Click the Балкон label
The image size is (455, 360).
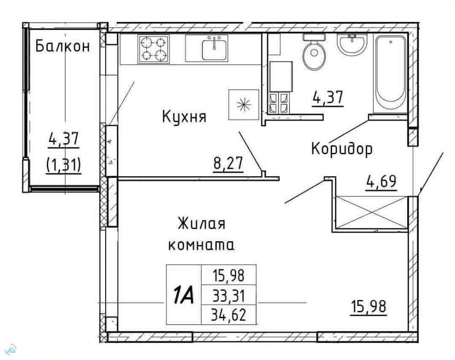click(63, 46)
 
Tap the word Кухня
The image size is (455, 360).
click(184, 117)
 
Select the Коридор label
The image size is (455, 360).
click(342, 149)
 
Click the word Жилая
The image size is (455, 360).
click(202, 223)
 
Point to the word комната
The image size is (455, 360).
click(202, 246)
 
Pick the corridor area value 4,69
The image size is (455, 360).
click(381, 182)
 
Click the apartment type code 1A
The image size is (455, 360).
click(183, 294)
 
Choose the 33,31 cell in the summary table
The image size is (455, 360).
click(229, 296)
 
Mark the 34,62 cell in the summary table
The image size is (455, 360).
click(229, 314)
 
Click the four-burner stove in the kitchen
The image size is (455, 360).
click(154, 49)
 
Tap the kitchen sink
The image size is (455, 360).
click(214, 49)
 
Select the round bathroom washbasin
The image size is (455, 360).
click(352, 44)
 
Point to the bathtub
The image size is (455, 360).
click(390, 74)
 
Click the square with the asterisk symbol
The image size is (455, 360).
click(244, 105)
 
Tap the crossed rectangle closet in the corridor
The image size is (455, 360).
click(372, 213)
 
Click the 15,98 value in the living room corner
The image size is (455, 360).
click(369, 307)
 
